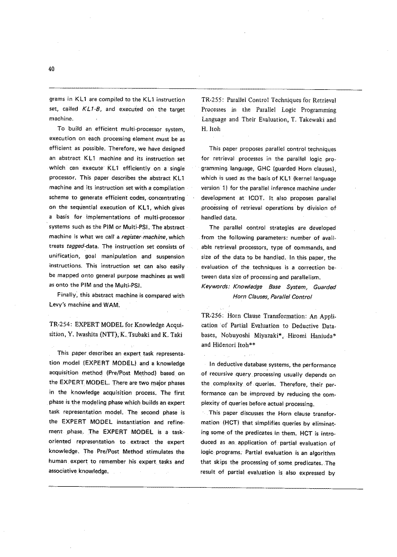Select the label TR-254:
point(60,324)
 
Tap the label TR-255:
point(214,99)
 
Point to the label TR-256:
point(214,315)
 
